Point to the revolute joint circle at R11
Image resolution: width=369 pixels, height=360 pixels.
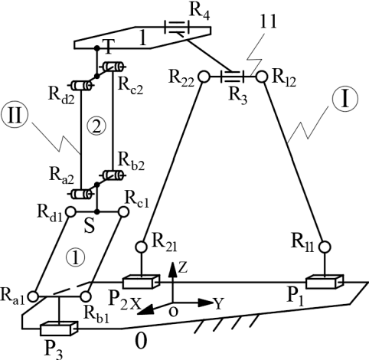pyautogui.click(x=324, y=247)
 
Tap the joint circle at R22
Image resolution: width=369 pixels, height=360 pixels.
pyautogui.click(x=204, y=77)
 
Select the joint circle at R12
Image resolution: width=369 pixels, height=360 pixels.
pyautogui.click(x=261, y=77)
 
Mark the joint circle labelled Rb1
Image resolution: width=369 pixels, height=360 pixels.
pyautogui.click(x=86, y=295)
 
